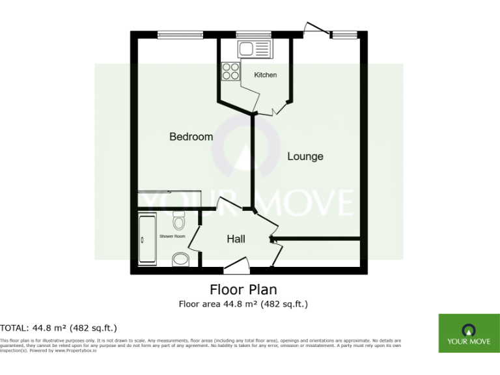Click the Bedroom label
pos(191,137)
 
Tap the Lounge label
pos(305,156)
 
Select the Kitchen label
pos(265,75)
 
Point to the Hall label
pos(236,239)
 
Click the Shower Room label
pos(173,236)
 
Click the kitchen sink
pos(253,48)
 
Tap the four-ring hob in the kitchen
pos(230,70)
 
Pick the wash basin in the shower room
pos(180,260)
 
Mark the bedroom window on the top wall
pos(171,33)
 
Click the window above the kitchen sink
pos(248,33)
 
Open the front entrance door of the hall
pos(236,263)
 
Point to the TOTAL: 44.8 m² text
pos(59,327)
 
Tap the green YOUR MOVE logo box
pos(465,333)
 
